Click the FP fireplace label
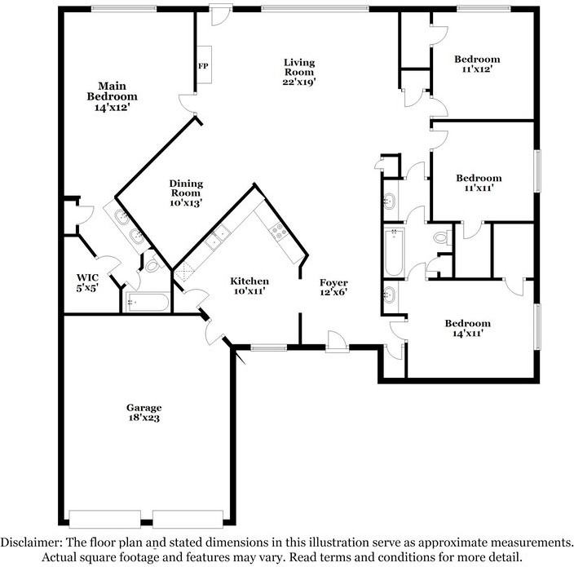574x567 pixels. [203, 66]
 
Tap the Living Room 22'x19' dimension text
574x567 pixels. [299, 82]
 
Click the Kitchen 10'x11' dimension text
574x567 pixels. [249, 291]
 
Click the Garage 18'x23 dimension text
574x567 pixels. [143, 418]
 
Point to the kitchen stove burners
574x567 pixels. [277, 231]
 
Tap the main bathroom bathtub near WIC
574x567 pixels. [148, 303]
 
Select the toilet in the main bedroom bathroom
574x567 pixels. [153, 264]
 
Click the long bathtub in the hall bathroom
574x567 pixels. [394, 252]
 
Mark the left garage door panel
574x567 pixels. [104, 519]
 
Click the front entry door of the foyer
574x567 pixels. [338, 342]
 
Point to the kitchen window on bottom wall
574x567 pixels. [269, 348]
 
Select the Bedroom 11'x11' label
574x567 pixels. [479, 183]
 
